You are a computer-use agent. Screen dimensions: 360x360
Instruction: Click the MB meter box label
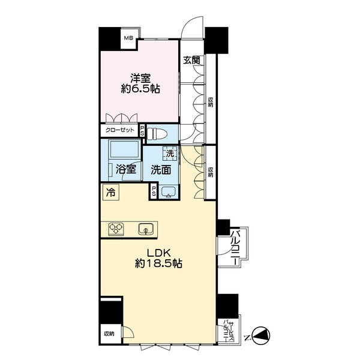point(128,38)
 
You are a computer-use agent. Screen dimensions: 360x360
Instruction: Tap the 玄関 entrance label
point(191,60)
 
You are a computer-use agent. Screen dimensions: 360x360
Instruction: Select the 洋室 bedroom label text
point(140,78)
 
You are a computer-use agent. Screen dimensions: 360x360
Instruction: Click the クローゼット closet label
point(119,130)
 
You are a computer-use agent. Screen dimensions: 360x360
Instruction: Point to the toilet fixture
point(155,134)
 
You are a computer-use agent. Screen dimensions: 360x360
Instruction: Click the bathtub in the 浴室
point(124,149)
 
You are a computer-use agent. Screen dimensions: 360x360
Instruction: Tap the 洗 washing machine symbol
point(170,154)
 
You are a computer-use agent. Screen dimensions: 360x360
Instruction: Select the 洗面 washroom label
point(161,170)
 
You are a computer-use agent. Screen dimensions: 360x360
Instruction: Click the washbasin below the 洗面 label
point(168,192)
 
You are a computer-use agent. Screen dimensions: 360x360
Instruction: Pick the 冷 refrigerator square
point(111,193)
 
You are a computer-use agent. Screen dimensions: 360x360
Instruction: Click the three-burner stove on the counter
point(116,229)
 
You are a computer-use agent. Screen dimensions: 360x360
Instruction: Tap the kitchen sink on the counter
point(146,229)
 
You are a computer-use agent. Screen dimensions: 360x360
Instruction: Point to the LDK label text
point(158,253)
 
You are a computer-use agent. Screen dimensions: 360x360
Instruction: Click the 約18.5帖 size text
point(158,263)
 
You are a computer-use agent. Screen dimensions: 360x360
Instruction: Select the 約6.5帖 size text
point(140,89)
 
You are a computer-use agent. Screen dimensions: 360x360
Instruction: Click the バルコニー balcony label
point(235,247)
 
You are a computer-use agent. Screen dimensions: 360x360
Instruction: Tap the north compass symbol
point(261,335)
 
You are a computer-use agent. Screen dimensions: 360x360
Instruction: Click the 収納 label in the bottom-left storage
point(109,334)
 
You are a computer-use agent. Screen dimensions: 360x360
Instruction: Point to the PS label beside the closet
point(142,130)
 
